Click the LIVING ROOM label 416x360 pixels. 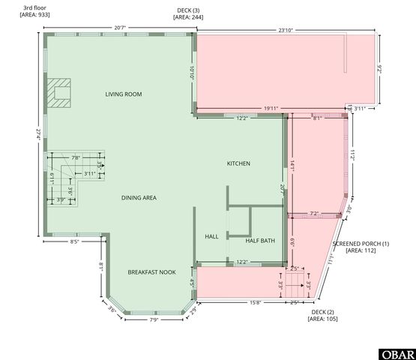point(124,94)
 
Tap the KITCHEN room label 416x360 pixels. point(238,163)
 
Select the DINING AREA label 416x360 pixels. point(139,198)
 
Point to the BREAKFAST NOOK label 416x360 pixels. point(151,272)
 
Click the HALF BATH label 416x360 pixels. point(260,241)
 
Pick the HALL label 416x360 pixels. point(211,237)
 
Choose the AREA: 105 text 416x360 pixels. point(322,319)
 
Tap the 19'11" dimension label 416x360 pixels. point(271,109)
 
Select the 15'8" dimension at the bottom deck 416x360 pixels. point(256,303)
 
